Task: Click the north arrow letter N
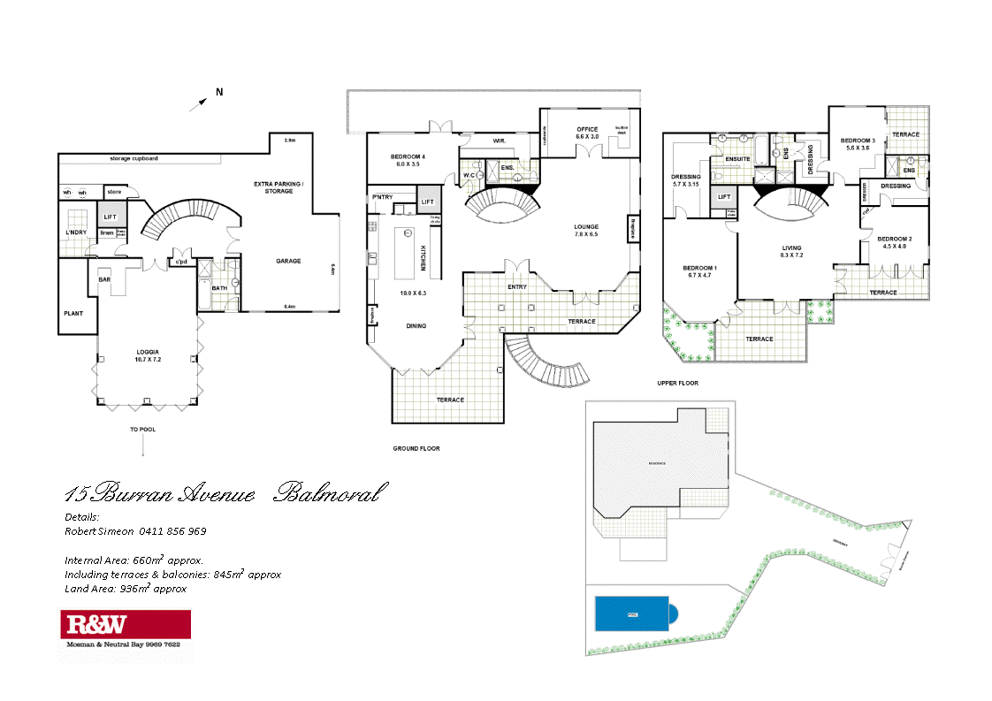(x=219, y=92)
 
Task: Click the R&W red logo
(x=94, y=626)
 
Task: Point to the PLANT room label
(x=72, y=313)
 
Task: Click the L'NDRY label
(x=76, y=233)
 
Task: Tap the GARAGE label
(x=288, y=261)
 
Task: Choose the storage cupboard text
(x=134, y=159)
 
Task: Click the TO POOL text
(x=143, y=429)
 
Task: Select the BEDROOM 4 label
(x=408, y=157)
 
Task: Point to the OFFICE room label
(x=588, y=129)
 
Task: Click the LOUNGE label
(x=587, y=226)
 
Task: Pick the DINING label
(x=416, y=325)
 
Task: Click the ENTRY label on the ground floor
(x=517, y=286)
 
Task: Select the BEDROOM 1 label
(x=699, y=268)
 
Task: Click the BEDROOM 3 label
(x=858, y=141)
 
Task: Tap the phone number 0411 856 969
(x=172, y=531)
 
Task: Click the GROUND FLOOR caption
(x=416, y=448)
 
